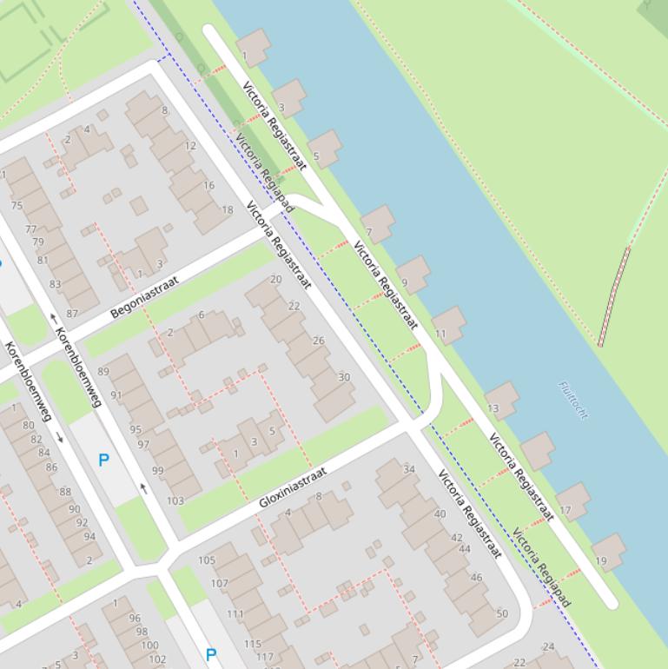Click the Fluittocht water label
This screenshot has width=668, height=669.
[x=573, y=400]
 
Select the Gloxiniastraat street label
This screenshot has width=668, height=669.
[x=293, y=487]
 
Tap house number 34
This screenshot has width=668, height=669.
[x=409, y=470]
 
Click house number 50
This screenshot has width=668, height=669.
[x=502, y=614]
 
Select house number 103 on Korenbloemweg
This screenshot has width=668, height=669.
[x=175, y=500]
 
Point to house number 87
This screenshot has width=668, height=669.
[x=72, y=314]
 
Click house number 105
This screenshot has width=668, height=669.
[x=207, y=560]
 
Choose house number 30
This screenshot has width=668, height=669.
[x=344, y=377]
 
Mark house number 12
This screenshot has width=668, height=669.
[x=190, y=146]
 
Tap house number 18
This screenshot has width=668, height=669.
[x=227, y=209]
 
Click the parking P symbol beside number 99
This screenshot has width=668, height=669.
[x=104, y=460]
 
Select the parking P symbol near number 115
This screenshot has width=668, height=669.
[x=210, y=654]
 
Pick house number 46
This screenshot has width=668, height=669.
[x=476, y=577]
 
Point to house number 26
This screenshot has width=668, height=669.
[x=318, y=341]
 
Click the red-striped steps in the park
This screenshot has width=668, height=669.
[x=613, y=296]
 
